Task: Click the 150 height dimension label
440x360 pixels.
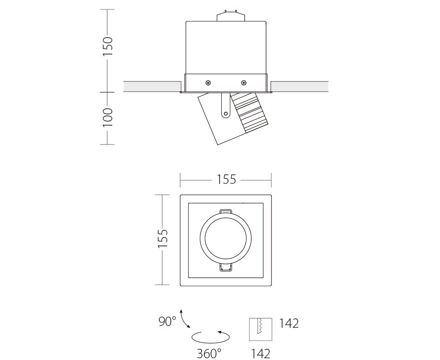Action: [107, 46]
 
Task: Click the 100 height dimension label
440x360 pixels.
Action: [107, 117]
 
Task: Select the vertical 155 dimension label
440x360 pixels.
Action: [162, 238]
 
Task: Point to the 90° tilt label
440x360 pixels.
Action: [167, 322]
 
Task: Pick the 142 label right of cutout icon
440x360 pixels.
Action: [289, 323]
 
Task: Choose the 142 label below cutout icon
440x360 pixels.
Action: [260, 354]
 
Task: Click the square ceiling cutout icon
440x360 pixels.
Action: [261, 329]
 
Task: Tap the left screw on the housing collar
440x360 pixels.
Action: [208, 83]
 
